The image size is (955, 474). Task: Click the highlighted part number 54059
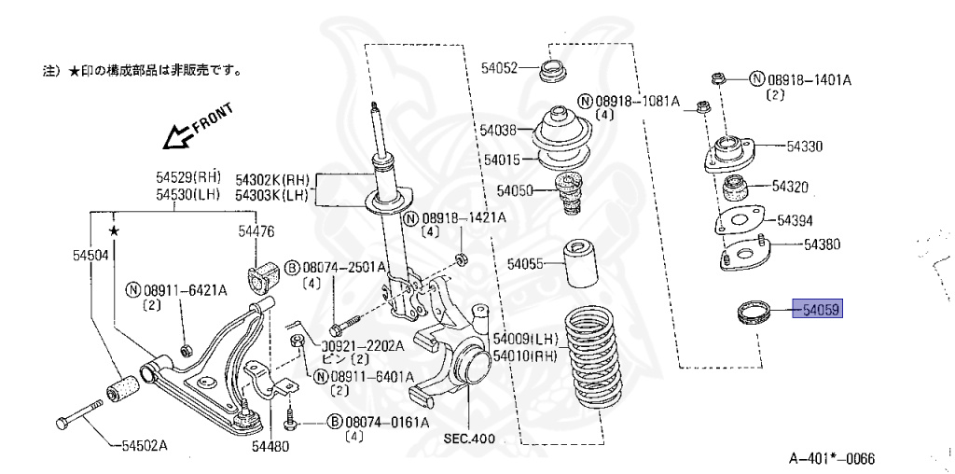(x=817, y=310)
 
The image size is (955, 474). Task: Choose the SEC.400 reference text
(x=467, y=438)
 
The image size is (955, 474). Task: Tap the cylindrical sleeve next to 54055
(x=578, y=265)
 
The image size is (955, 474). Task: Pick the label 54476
(x=256, y=230)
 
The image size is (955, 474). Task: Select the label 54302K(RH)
(x=271, y=179)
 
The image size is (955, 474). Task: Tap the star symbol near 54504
(x=114, y=230)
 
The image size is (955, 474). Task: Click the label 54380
(x=822, y=244)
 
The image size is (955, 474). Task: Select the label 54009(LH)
(x=524, y=339)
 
